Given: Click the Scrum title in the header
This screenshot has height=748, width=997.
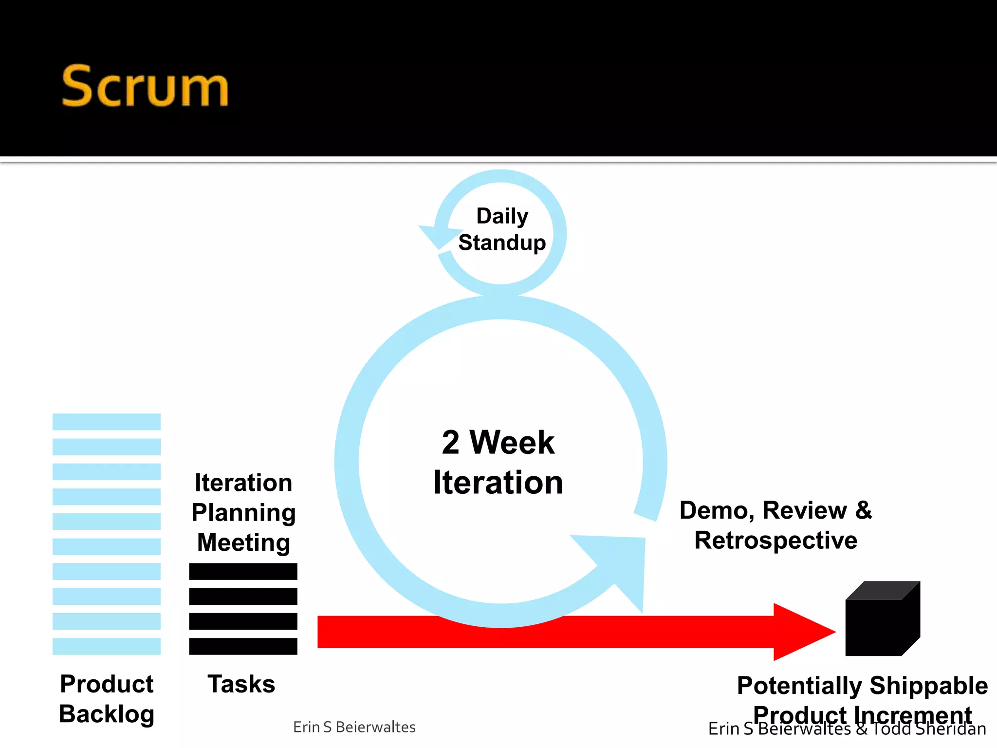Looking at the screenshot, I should [x=145, y=87].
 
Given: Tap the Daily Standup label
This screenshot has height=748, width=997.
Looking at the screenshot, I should [x=502, y=229].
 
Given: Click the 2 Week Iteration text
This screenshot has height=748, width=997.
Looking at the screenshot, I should [x=498, y=462].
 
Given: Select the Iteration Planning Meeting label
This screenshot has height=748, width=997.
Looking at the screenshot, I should [x=243, y=512].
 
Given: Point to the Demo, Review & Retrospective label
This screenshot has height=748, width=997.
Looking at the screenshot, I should [x=775, y=525].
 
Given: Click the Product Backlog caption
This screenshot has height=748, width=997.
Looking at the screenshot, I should [x=107, y=699].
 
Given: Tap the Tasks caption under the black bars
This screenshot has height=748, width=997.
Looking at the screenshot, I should [x=241, y=684].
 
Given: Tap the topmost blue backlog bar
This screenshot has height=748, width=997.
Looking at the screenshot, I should [x=107, y=422].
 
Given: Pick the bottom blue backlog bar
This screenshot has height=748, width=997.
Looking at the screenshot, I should [x=107, y=646].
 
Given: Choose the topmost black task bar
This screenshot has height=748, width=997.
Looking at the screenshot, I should [x=243, y=571].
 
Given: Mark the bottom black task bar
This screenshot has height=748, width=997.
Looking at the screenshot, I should [x=243, y=646].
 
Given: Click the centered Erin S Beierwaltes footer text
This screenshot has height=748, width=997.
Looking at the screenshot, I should [x=354, y=727].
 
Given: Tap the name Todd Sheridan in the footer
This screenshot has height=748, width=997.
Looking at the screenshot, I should [x=929, y=729].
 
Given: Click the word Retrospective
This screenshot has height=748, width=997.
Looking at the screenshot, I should [x=775, y=541].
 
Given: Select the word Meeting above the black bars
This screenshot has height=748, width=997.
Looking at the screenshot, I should [x=243, y=542].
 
